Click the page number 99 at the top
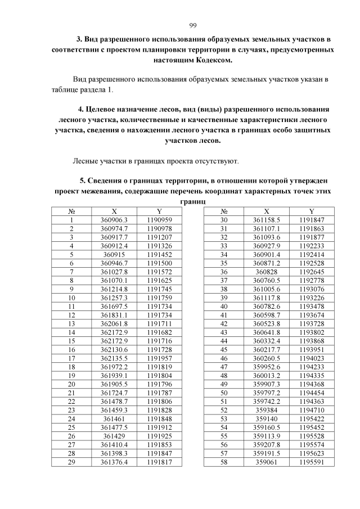[x=192, y=25]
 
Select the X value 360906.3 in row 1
[x=114, y=219]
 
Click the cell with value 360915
[x=114, y=254]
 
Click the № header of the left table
[x=71, y=210]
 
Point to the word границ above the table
[x=192, y=201]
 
